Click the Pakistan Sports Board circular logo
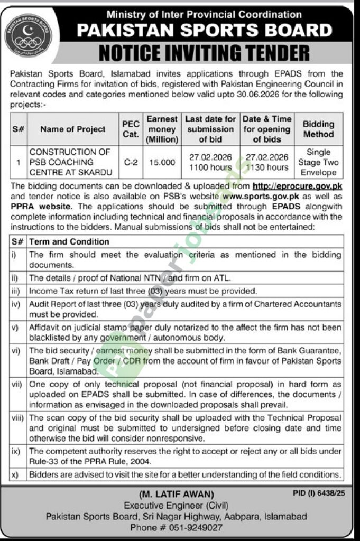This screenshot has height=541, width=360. pyautogui.click(x=29, y=36)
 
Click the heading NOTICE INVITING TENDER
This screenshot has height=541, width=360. pyautogui.click(x=204, y=53)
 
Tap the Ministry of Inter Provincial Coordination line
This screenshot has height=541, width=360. pyautogui.click(x=204, y=15)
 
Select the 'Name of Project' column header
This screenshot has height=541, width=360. pyautogui.click(x=73, y=129)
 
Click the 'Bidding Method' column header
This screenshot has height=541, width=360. pyautogui.click(x=318, y=129)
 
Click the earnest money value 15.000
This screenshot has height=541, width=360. pyautogui.click(x=162, y=162)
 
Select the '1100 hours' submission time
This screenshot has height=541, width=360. pyautogui.click(x=210, y=167)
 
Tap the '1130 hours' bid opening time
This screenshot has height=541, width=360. pyautogui.click(x=266, y=167)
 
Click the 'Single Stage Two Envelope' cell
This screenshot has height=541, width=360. pyautogui.click(x=318, y=162)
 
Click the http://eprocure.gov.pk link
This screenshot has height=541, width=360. pyautogui.click(x=298, y=186)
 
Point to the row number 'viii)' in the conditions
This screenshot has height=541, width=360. pyautogui.click(x=17, y=417)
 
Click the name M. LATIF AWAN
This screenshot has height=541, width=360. pyautogui.click(x=177, y=495)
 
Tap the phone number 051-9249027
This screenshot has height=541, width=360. pyautogui.click(x=192, y=527)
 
